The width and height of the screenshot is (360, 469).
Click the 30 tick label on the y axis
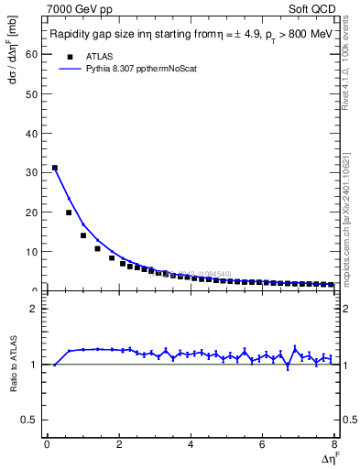pos(33,172)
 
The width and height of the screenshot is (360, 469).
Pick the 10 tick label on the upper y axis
pos(33,251)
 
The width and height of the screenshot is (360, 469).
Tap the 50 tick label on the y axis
pos(33,93)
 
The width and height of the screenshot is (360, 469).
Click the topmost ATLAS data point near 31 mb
pos(54,168)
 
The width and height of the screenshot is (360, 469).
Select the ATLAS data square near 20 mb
pos(69,213)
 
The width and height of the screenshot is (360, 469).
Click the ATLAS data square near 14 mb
pos(83,235)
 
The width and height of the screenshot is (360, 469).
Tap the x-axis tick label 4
pos(191,444)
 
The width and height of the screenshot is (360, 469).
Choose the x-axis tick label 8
pos(333,444)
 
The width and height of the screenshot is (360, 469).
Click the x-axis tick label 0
pos(47,444)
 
